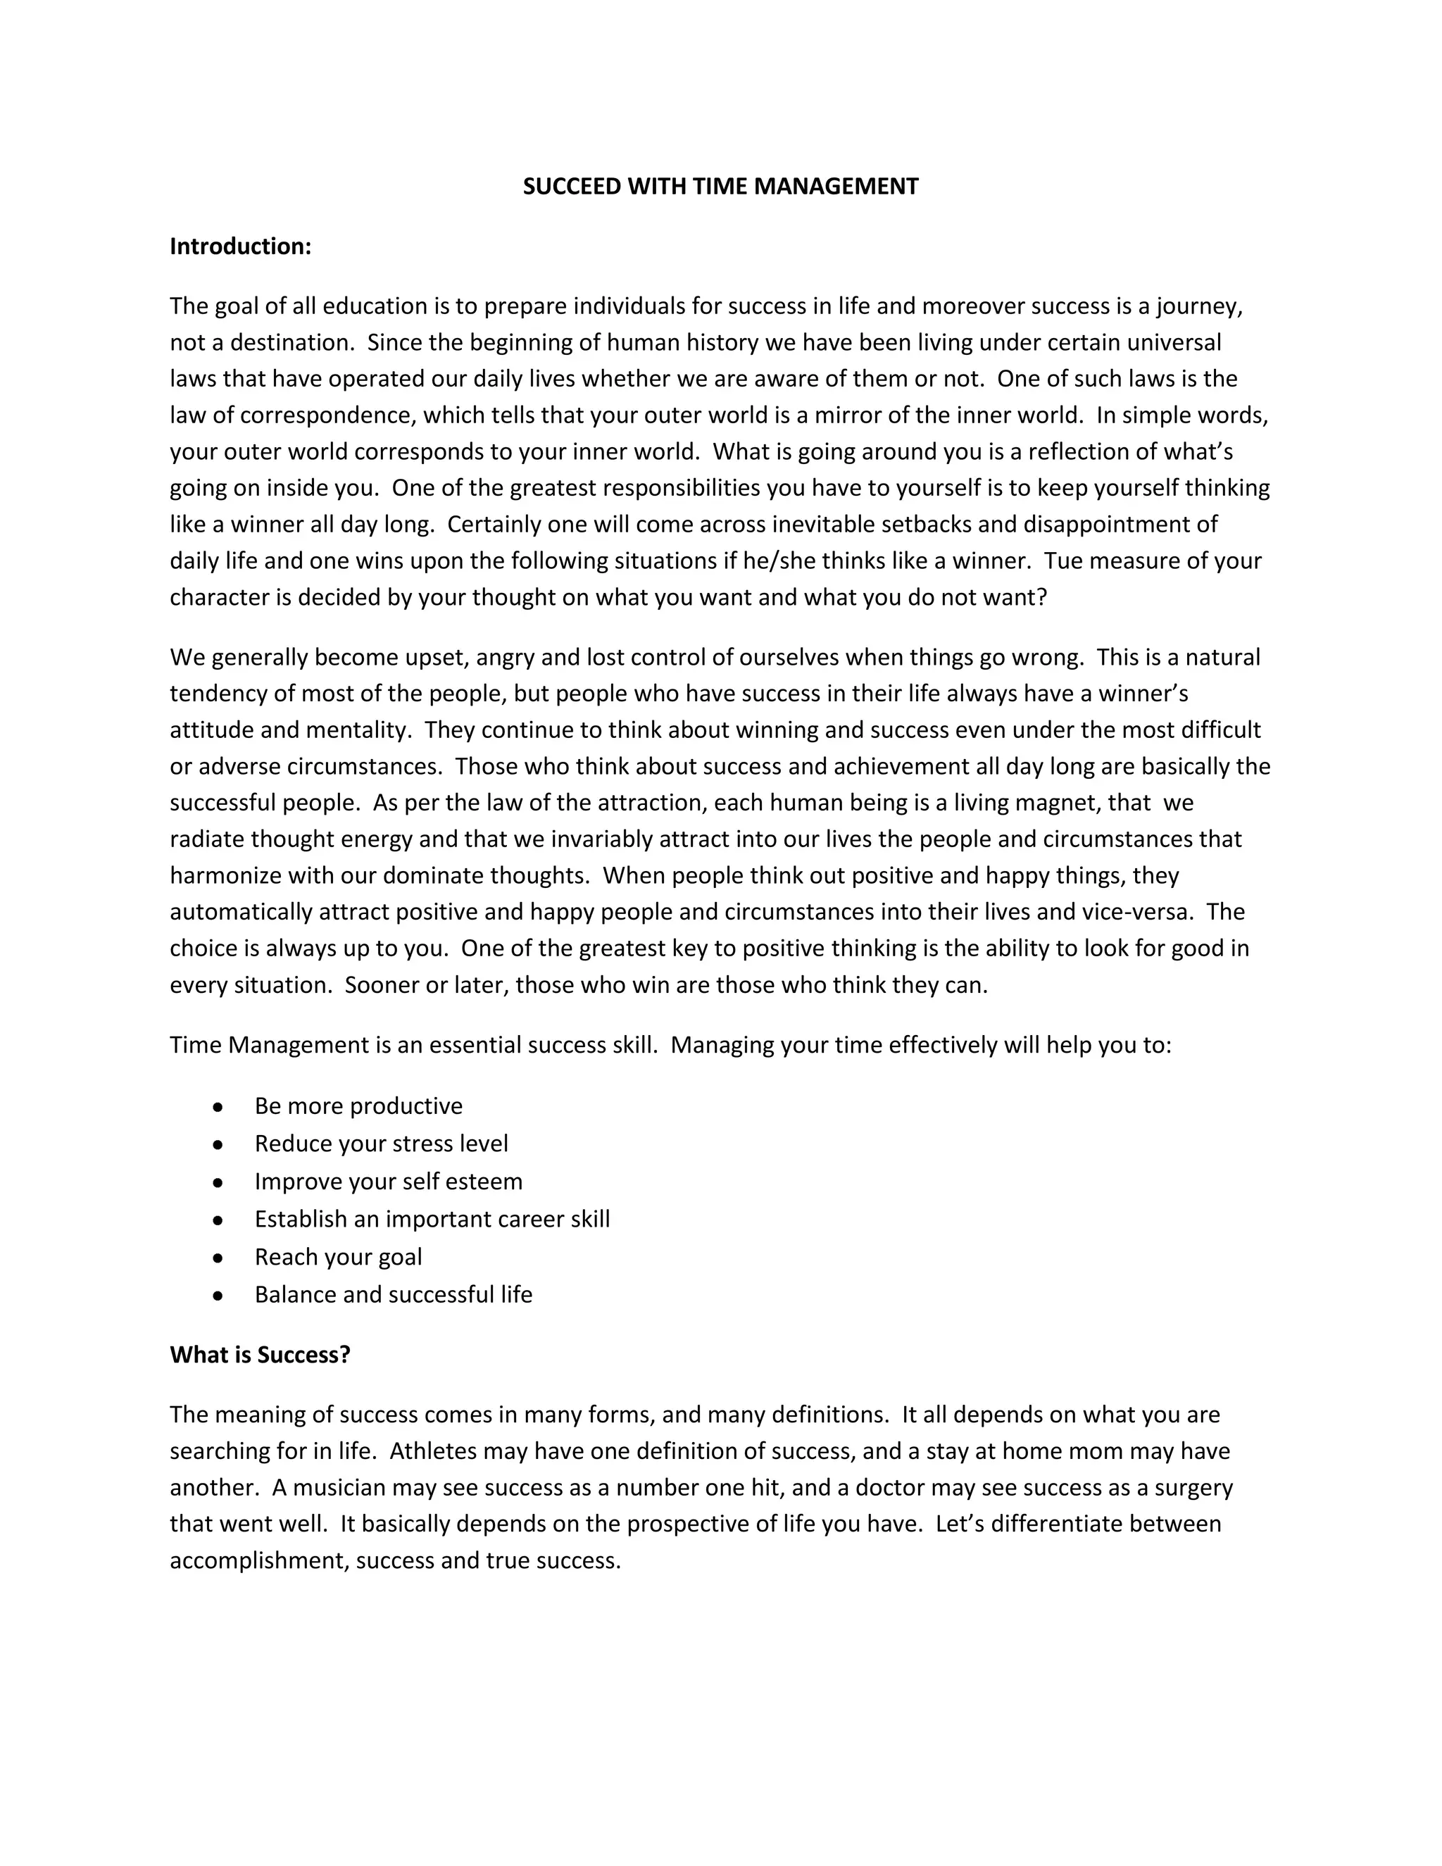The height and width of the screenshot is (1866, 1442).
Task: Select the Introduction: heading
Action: coord(240,246)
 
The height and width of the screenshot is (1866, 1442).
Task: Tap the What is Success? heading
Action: coord(260,1354)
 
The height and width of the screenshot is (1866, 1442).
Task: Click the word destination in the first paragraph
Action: coord(291,343)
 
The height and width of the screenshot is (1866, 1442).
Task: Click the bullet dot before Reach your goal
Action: coord(219,1258)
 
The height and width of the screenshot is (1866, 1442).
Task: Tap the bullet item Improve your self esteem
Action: coord(388,1181)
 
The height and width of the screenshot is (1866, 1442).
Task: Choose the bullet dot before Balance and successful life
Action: coord(219,1295)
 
